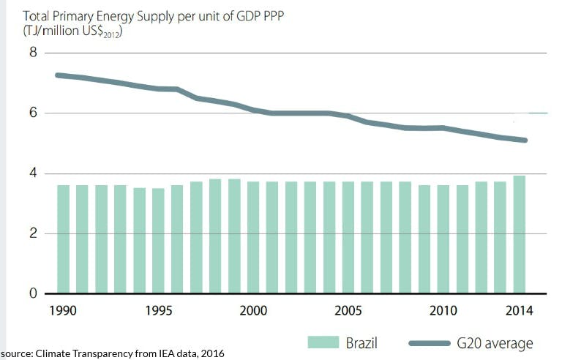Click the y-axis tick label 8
[32, 53]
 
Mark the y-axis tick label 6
[32, 113]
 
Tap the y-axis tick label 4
[32, 174]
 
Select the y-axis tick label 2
[32, 234]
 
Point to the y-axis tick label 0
[32, 294]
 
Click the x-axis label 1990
[64, 310]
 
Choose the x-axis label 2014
[519, 310]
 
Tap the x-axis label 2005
[348, 310]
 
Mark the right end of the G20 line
[525, 140]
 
